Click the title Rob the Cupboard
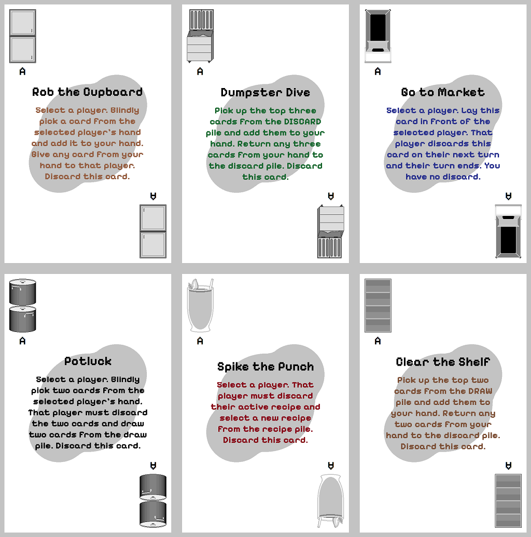click(88, 92)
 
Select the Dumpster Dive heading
click(265, 92)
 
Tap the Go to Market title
click(443, 92)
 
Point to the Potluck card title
click(88, 361)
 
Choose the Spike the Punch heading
click(265, 367)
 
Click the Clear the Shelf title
click(443, 361)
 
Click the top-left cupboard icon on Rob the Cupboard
click(23, 36)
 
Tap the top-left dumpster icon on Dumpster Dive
click(200, 36)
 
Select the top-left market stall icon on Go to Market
click(378, 36)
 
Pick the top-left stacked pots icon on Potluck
click(23, 306)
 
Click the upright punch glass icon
click(200, 306)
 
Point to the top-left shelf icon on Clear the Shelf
click(378, 306)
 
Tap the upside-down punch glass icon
click(331, 501)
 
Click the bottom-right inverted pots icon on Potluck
click(153, 501)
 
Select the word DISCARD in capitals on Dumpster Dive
click(302, 122)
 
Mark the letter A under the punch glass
click(200, 341)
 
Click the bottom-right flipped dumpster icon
click(331, 231)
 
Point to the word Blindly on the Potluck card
click(125, 380)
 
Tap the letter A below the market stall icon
click(378, 71)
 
